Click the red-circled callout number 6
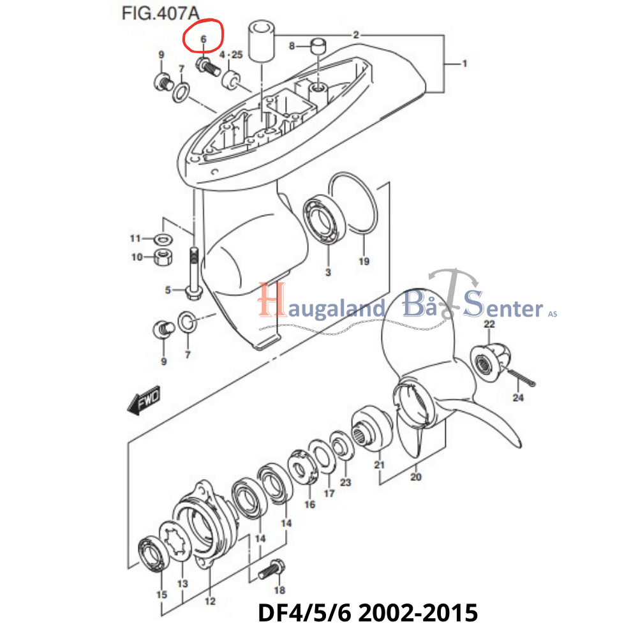point(204,39)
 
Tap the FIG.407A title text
point(160,13)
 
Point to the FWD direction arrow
point(144,400)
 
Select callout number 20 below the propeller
point(416,477)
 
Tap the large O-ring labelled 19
point(353,204)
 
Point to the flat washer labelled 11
point(163,239)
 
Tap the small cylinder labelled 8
point(318,46)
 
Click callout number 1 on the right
point(464,63)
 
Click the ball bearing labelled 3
point(325,219)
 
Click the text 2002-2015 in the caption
point(418,612)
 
